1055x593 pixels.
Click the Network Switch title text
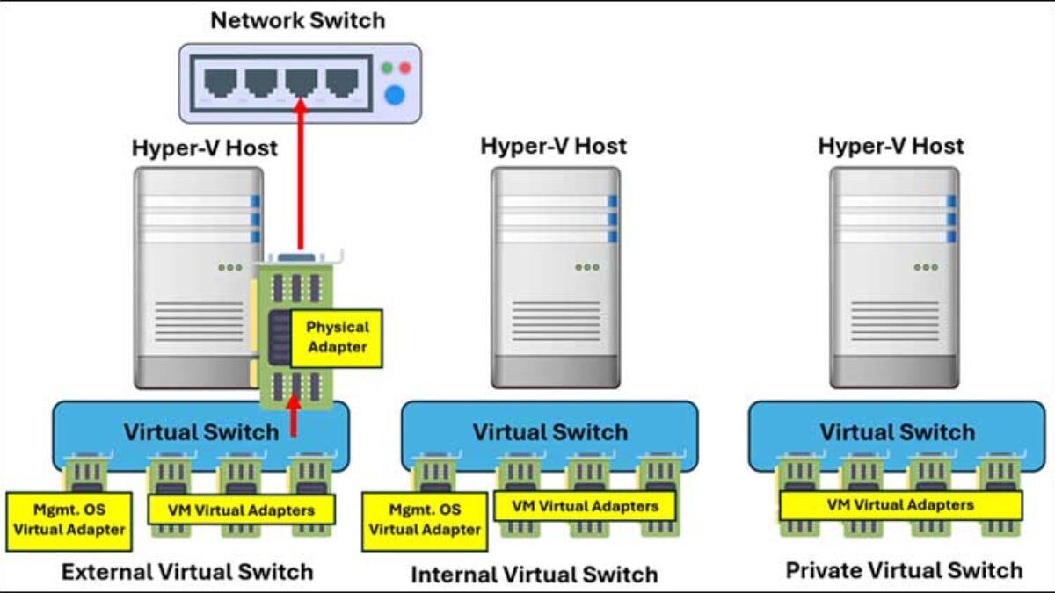(298, 20)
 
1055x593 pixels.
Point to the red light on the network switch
(405, 68)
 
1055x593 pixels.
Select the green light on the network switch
(387, 68)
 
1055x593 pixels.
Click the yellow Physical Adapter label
(337, 337)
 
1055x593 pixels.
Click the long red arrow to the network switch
(301, 176)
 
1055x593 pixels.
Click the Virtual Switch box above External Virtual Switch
(176, 432)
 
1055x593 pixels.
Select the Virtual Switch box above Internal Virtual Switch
(549, 432)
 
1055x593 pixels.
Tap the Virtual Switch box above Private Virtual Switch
(897, 432)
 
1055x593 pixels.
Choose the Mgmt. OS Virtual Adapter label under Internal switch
(425, 519)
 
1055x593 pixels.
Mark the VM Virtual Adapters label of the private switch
(901, 505)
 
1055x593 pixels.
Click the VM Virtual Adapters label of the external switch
(241, 510)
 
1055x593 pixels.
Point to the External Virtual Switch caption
(186, 572)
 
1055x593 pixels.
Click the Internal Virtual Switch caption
(534, 575)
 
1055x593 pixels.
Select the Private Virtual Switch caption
(904, 570)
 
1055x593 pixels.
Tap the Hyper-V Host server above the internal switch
(555, 277)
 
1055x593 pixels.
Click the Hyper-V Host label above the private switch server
(891, 146)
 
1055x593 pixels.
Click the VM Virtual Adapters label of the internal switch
(585, 506)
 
